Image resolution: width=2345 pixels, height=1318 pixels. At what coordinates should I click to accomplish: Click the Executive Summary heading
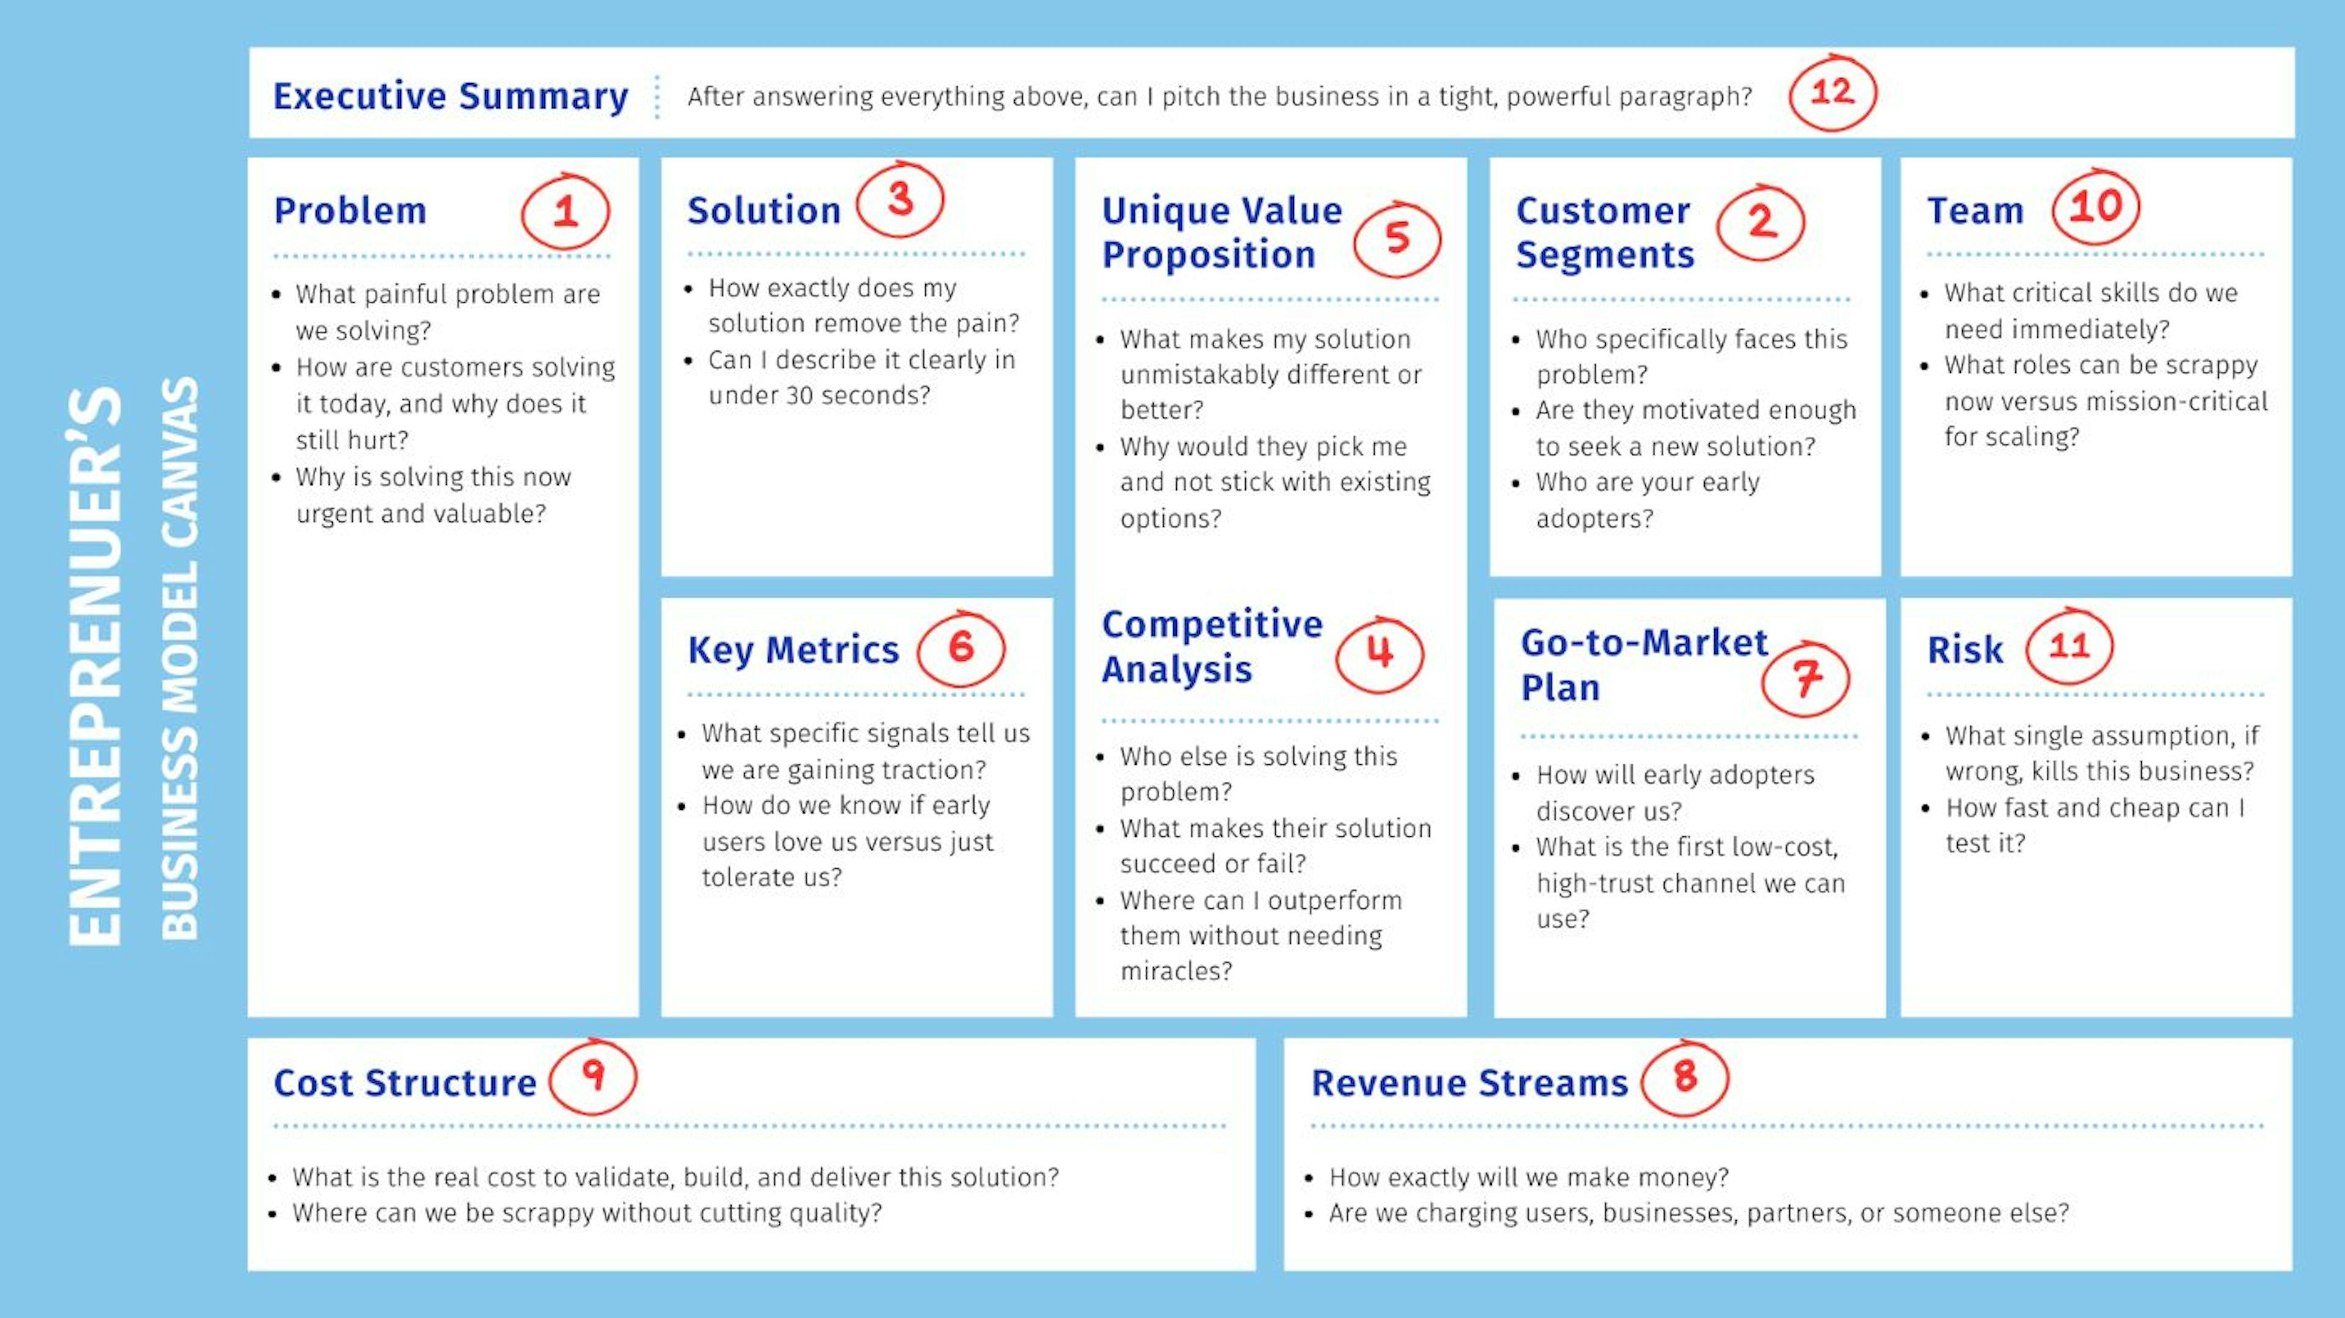click(451, 96)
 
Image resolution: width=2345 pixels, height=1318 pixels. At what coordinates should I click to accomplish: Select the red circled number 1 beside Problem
click(565, 211)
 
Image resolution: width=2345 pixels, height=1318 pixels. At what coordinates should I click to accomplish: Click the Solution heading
click(764, 210)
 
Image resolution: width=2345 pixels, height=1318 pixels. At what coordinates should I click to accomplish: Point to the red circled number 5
click(1397, 239)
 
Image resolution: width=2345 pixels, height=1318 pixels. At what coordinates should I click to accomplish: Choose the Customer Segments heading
click(1605, 232)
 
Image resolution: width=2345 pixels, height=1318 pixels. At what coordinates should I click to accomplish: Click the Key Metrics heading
click(793, 650)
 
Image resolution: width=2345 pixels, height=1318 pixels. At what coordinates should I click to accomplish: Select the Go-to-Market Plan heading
click(1644, 664)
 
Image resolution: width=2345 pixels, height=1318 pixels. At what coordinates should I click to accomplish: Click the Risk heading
click(1965, 650)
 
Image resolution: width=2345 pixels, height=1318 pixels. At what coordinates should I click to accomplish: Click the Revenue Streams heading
click(1469, 1083)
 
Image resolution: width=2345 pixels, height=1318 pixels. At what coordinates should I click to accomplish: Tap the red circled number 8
click(1685, 1077)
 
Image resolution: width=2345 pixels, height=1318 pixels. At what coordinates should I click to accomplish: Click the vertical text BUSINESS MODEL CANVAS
click(180, 658)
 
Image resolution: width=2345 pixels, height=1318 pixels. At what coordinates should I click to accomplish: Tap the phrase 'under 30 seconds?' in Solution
click(820, 395)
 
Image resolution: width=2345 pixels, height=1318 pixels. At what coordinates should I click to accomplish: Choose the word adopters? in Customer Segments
click(1594, 519)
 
